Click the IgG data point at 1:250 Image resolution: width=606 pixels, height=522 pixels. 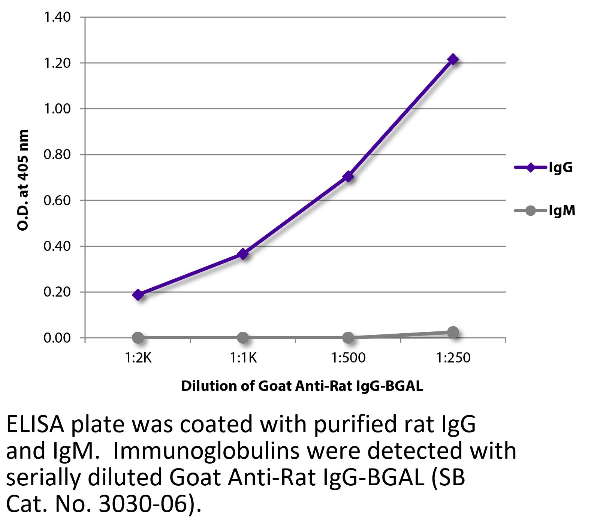pos(453,59)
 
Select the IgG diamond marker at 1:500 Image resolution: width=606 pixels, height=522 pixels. pos(348,176)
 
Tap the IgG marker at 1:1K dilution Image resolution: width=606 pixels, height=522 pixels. pos(243,254)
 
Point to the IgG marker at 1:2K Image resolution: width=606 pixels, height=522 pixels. pos(138,295)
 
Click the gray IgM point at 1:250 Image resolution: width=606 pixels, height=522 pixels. pos(453,332)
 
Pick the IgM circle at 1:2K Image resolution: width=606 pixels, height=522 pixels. pos(138,338)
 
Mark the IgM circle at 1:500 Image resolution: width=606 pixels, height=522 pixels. pos(348,338)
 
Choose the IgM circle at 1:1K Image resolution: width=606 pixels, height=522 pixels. pos(243,338)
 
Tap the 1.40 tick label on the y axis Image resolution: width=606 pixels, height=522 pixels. pos(57,17)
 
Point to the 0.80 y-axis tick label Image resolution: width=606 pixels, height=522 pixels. pos(57,154)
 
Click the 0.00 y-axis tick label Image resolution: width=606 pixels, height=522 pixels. pos(57,338)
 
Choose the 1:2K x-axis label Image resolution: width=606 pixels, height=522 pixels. pos(138,358)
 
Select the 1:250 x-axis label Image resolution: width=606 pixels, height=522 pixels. pos(453,358)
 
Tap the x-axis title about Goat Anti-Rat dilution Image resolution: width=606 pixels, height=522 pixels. pos(302,386)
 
